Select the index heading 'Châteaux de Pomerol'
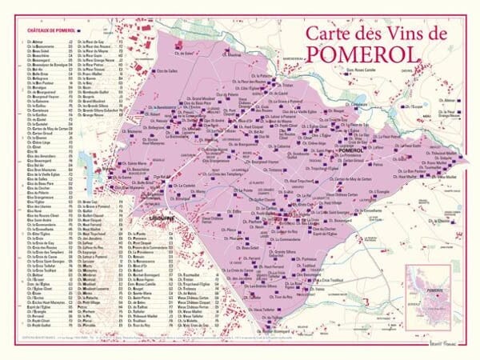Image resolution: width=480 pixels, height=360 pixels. pyautogui.click(x=42, y=31)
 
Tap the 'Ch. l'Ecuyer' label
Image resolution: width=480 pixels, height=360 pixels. pyautogui.click(x=411, y=106)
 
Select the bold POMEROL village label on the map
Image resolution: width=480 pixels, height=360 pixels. pyautogui.click(x=350, y=150)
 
